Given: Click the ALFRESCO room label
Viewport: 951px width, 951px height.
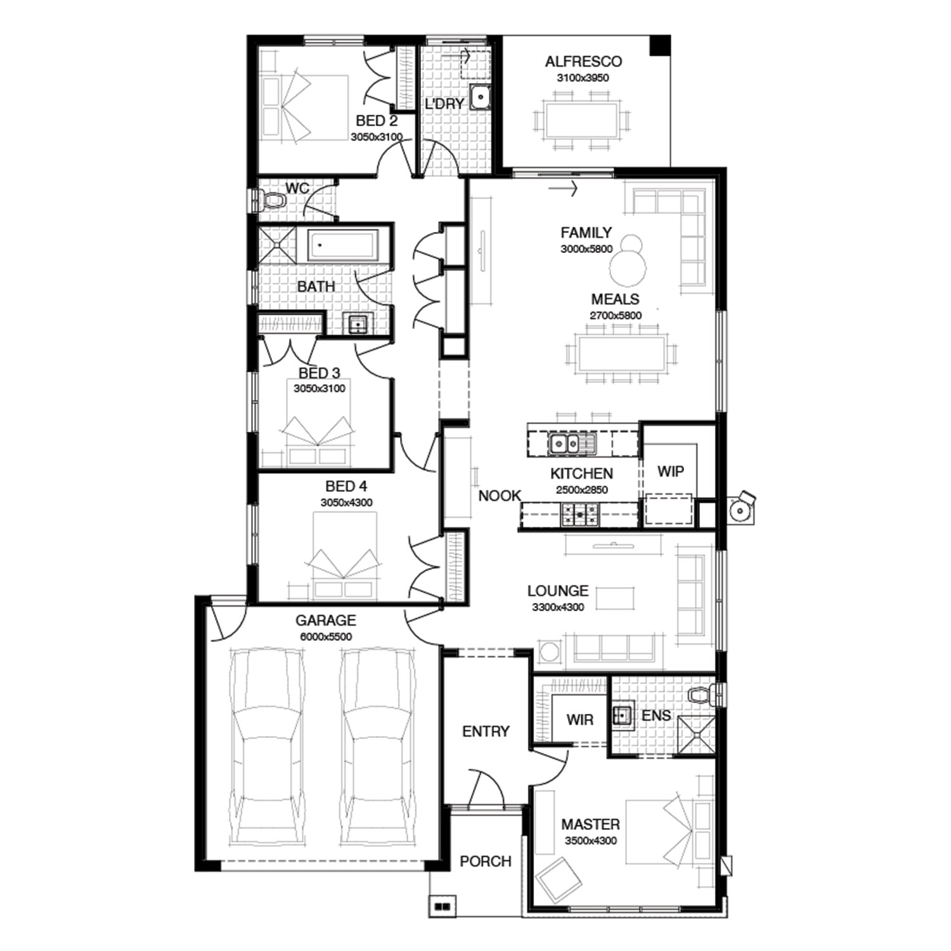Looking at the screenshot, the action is [583, 61].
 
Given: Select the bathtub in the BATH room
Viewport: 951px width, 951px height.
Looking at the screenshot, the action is [343, 245].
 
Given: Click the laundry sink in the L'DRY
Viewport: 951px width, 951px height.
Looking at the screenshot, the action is [481, 97].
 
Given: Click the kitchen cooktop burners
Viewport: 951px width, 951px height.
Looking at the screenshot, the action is [579, 514].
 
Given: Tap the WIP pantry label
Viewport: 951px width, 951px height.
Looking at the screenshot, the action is [670, 471].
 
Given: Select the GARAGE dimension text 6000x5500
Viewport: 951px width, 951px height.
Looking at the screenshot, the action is [326, 637].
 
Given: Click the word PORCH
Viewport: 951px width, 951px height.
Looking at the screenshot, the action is [486, 861].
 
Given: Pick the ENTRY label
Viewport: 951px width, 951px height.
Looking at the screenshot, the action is [486, 731].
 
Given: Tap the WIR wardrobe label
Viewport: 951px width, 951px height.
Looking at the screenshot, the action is [579, 720].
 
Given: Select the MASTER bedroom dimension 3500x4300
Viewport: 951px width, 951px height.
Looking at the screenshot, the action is [590, 841].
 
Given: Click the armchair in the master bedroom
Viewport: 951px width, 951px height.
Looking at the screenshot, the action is [559, 880].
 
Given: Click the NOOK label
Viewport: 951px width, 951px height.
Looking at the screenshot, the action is [500, 496].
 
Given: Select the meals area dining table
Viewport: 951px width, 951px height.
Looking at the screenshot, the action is [621, 354].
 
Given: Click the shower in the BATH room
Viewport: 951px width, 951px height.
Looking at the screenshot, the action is [276, 244].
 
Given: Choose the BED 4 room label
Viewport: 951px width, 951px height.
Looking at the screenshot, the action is [346, 486].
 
